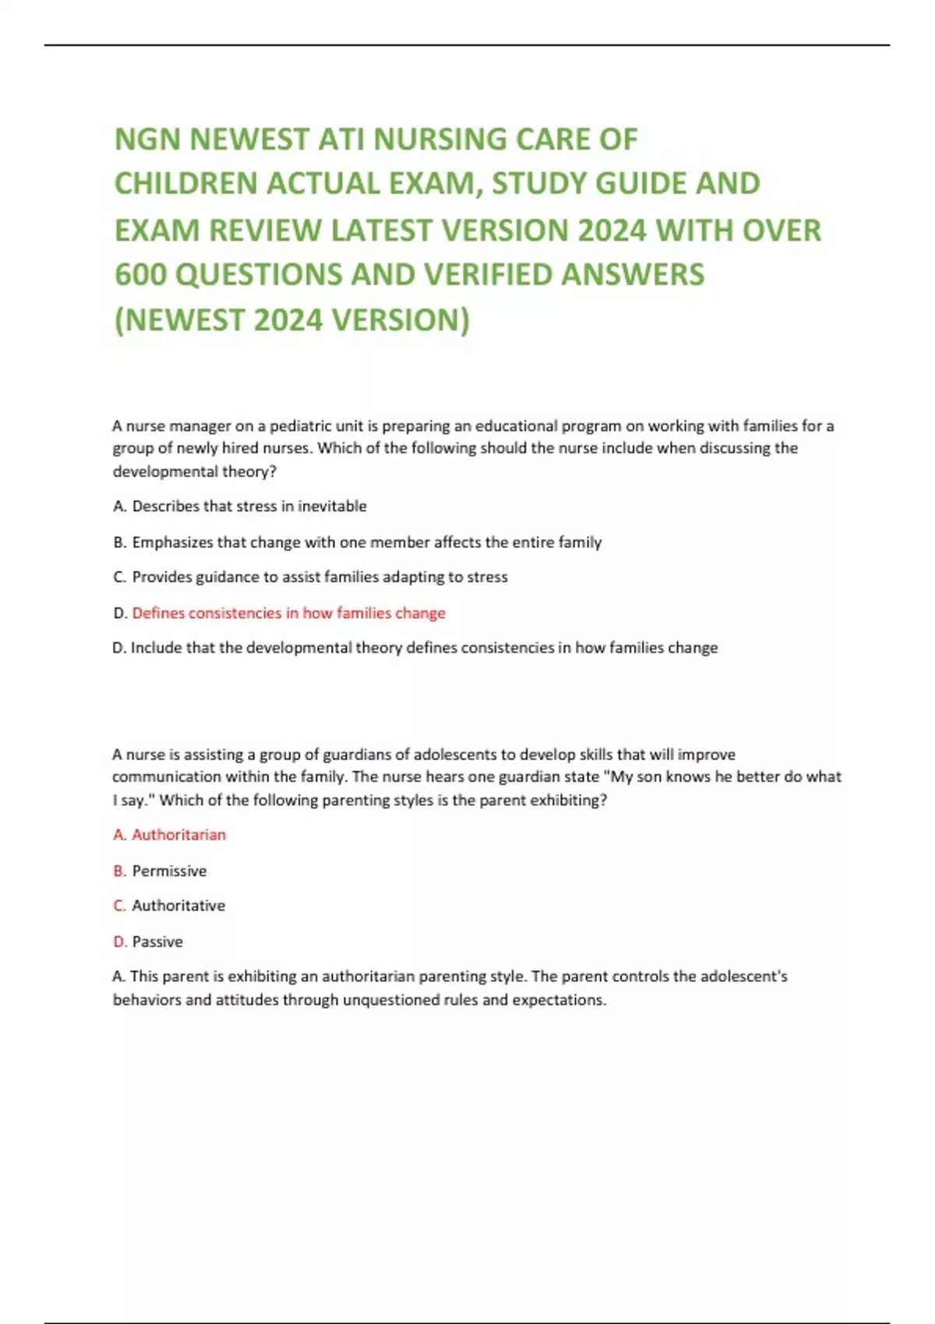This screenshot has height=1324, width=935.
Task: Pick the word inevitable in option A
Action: click(x=332, y=506)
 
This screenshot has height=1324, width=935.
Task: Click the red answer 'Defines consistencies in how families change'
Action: click(x=288, y=613)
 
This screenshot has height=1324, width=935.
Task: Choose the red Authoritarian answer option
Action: click(x=178, y=835)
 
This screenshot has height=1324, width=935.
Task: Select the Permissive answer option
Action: click(x=169, y=871)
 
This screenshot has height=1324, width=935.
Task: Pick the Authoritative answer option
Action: click(x=178, y=906)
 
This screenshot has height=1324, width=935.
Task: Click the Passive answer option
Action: click(x=157, y=942)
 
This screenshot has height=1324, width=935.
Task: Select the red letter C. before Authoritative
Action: click(x=119, y=906)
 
